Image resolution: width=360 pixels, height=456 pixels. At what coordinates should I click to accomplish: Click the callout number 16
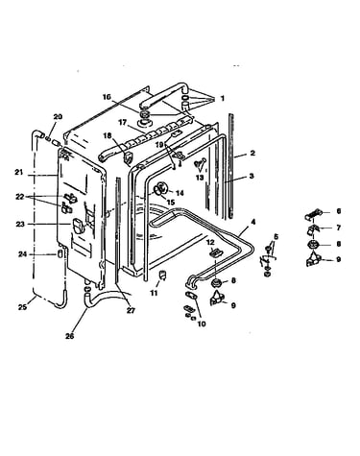click(107, 97)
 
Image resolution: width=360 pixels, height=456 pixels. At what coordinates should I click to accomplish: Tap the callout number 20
click(58, 117)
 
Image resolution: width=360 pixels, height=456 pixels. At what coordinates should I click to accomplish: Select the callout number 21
click(19, 172)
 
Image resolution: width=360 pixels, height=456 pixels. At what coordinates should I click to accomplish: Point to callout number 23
click(20, 225)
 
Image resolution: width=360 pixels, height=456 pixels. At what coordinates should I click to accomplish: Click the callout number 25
click(22, 307)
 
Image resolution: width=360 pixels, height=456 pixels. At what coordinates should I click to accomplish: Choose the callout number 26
click(70, 336)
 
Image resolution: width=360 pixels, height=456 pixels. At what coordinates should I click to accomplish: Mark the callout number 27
click(131, 310)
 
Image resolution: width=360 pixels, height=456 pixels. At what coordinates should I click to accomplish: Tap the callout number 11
click(154, 293)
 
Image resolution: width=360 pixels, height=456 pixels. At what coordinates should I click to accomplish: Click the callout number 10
click(202, 324)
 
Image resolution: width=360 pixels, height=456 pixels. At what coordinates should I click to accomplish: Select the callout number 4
click(253, 222)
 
